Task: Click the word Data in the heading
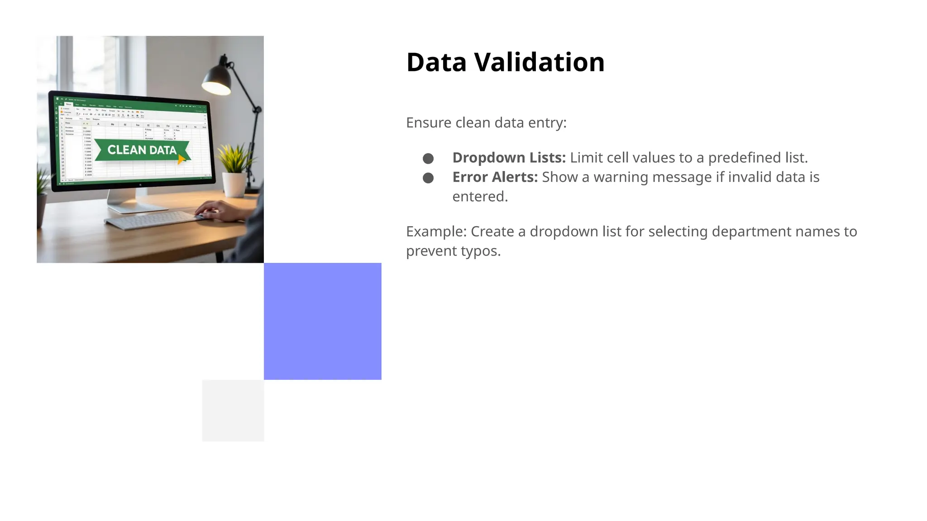pos(436,62)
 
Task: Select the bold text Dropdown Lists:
pos(509,157)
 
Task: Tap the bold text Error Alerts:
pos(495,177)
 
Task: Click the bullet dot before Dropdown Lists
pos(428,158)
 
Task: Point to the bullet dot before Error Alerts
pos(428,178)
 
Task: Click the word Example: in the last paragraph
pos(436,232)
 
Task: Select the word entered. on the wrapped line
pos(480,196)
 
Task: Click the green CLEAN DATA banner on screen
pos(142,150)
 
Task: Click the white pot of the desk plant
pos(234,185)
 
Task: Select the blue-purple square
pos(322,321)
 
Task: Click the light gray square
pos(233,410)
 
